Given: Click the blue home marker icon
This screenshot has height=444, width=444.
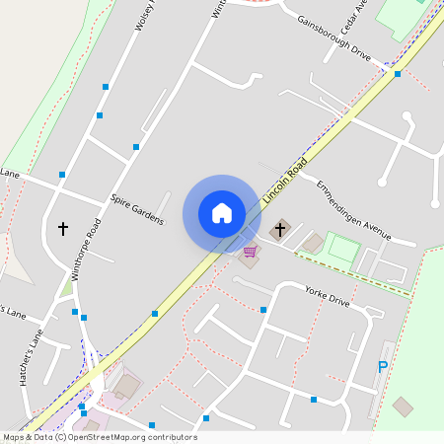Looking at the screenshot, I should pyautogui.click(x=222, y=213).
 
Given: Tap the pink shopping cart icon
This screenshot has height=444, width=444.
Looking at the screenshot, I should pyautogui.click(x=251, y=253).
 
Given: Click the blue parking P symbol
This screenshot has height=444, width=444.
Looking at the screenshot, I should pyautogui.click(x=383, y=367).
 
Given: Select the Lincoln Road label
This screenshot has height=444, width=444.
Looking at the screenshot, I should pyautogui.click(x=286, y=180).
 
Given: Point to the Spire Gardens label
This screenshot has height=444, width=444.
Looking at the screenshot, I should pyautogui.click(x=137, y=208).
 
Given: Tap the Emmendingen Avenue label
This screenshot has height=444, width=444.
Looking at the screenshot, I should pyautogui.click(x=353, y=210).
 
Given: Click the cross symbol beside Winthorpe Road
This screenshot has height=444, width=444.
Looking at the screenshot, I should pyautogui.click(x=63, y=229).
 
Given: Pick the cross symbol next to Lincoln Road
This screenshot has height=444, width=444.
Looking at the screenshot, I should pyautogui.click(x=279, y=231).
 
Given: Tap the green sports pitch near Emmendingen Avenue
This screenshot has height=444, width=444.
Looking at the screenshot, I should pyautogui.click(x=343, y=247).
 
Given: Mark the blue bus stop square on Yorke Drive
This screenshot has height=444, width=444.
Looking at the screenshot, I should pyautogui.click(x=263, y=310).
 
